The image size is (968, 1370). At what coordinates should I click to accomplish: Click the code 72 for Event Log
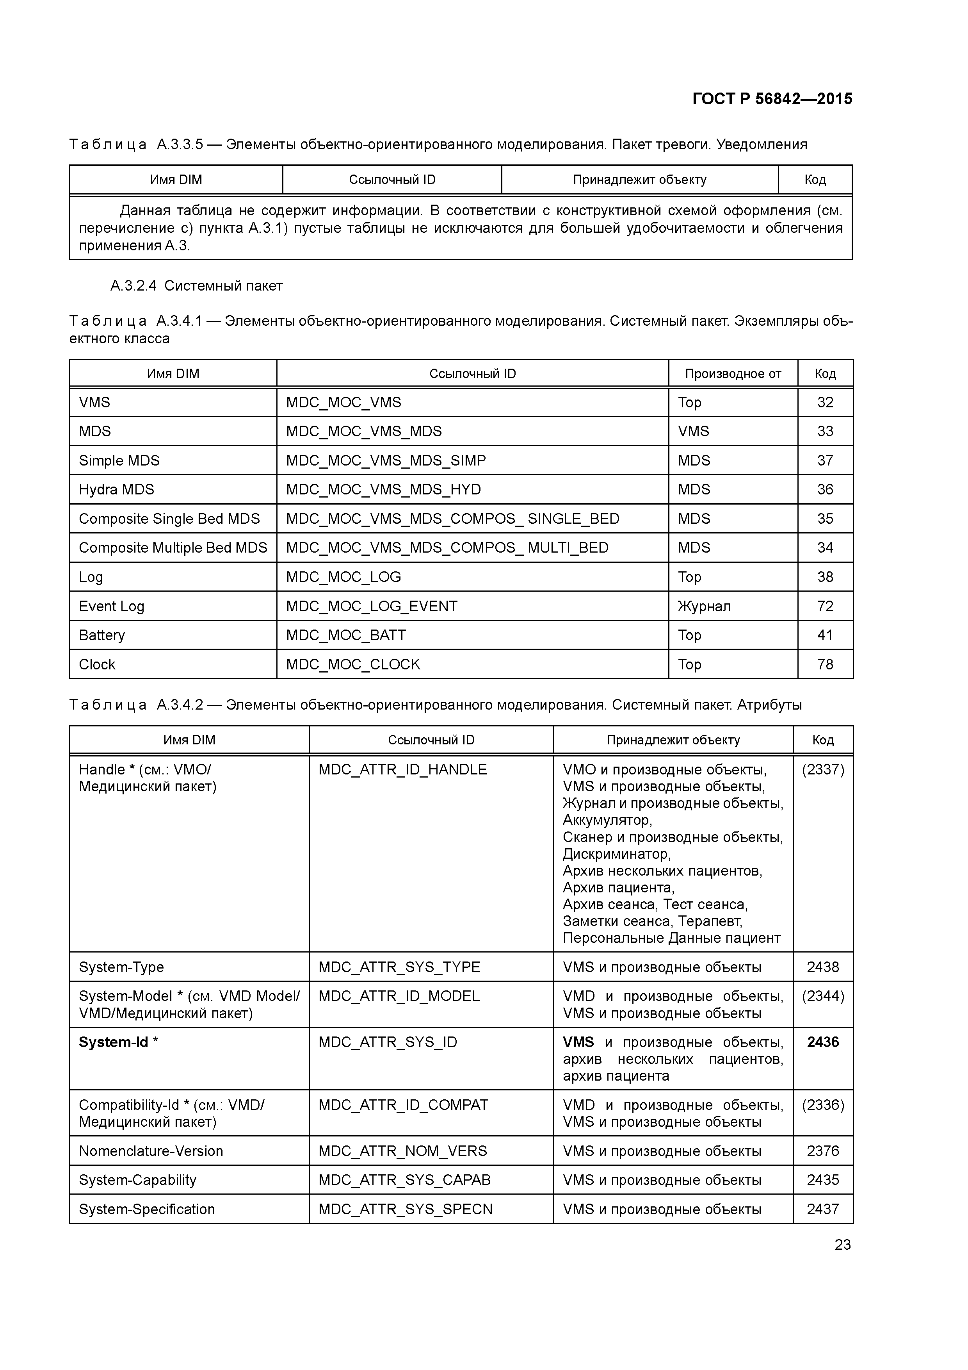(825, 606)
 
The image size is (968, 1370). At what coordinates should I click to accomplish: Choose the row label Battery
(102, 635)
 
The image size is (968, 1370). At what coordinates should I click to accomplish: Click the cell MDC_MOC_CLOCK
(353, 664)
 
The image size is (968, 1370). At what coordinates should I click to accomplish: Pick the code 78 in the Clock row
(825, 664)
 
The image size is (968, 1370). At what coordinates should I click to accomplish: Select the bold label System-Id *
(118, 1042)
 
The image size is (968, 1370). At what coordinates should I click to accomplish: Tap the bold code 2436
(822, 1042)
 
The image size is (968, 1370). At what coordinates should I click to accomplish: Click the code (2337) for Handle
(822, 769)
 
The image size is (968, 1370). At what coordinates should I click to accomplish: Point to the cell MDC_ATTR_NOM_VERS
(402, 1151)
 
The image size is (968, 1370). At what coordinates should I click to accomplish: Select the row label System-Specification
(147, 1209)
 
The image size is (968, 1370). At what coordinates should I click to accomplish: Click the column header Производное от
(732, 373)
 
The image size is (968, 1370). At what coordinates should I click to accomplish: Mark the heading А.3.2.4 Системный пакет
(196, 286)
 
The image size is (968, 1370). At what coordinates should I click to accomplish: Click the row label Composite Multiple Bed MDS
(173, 548)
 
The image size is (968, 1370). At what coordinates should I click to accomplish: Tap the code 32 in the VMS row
(825, 402)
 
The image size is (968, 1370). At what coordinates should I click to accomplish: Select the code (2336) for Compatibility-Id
(822, 1104)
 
